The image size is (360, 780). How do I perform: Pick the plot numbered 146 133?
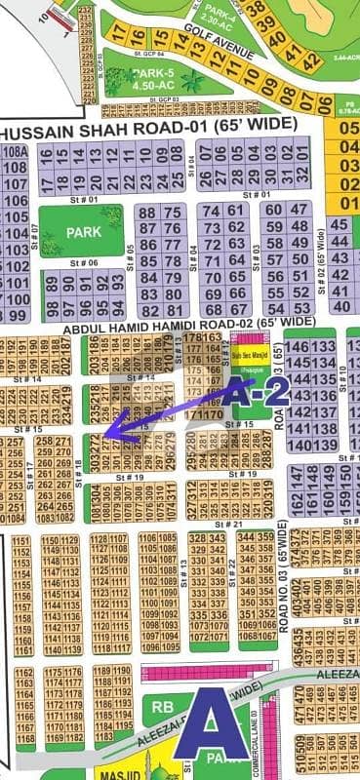point(310,348)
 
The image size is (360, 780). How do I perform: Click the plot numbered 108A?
point(15,152)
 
